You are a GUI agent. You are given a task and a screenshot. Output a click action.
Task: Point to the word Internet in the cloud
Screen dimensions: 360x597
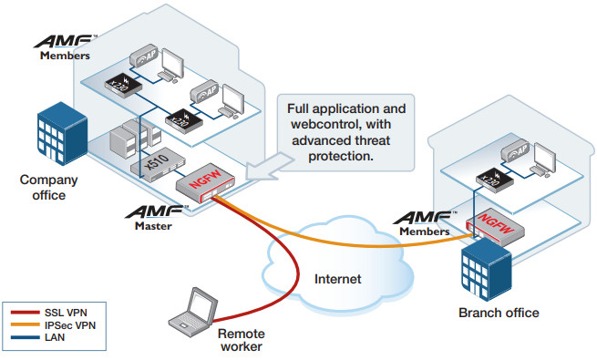point(338,277)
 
